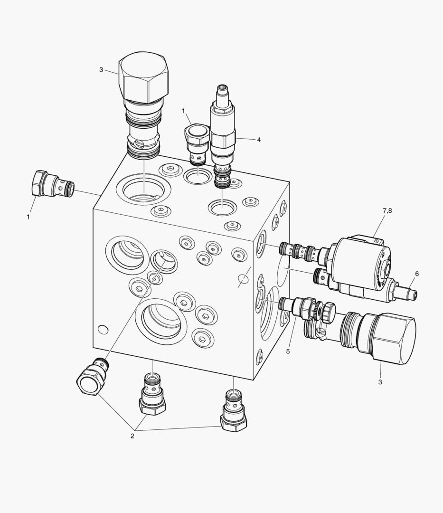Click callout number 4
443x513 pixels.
click(259, 140)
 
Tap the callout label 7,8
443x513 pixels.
click(387, 211)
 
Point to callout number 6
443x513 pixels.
click(417, 274)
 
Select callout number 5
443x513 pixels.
click(288, 351)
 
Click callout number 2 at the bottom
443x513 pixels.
click(132, 436)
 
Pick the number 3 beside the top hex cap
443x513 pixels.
click(101, 70)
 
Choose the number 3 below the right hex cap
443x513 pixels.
click(380, 382)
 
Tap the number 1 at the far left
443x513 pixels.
click(28, 217)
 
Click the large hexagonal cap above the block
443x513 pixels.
click(144, 77)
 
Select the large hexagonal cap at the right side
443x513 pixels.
click(391, 338)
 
